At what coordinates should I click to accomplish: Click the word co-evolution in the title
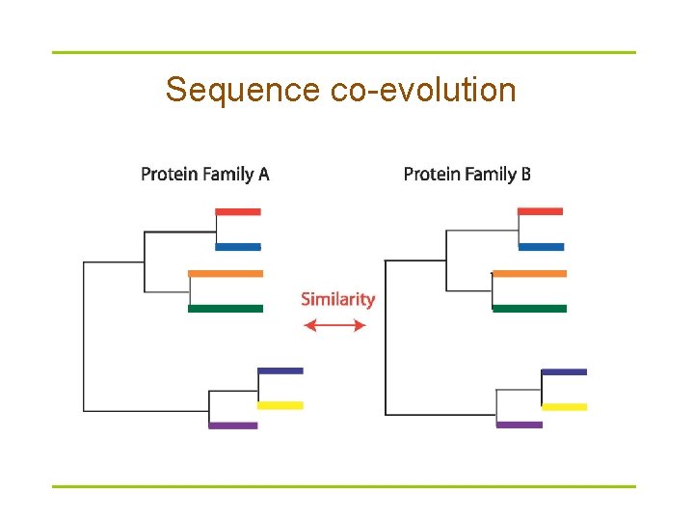(x=423, y=90)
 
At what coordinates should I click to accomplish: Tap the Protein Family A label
(x=205, y=175)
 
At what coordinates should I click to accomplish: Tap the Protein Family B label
(x=467, y=175)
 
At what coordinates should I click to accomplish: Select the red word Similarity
(x=337, y=299)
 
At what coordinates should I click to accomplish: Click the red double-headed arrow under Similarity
(x=335, y=326)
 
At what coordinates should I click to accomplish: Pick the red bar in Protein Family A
(x=238, y=211)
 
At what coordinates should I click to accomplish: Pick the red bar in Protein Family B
(x=540, y=211)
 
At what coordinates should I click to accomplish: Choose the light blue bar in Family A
(x=238, y=247)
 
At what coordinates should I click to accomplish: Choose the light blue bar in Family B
(x=541, y=247)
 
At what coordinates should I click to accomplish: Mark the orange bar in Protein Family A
(x=226, y=273)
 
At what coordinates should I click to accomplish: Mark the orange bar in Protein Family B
(x=529, y=273)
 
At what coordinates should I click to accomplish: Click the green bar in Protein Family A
(x=226, y=309)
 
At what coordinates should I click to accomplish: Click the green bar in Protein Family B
(x=529, y=309)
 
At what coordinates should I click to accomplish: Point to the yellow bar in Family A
(x=280, y=405)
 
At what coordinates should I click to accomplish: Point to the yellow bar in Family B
(x=564, y=407)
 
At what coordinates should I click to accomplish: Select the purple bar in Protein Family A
(x=233, y=425)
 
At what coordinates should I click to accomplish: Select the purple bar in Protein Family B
(x=520, y=425)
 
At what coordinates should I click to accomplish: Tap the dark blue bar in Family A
(x=280, y=370)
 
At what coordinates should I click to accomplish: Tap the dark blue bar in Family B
(x=564, y=371)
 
